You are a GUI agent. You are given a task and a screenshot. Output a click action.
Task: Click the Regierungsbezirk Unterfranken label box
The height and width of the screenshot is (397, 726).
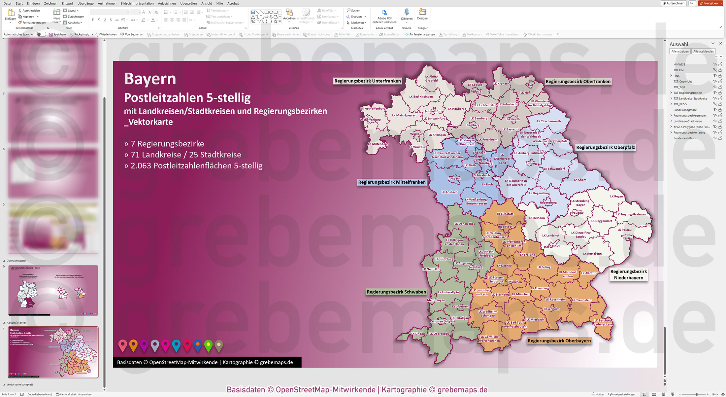point(367,81)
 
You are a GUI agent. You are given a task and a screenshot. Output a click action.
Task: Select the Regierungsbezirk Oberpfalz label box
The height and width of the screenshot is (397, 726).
point(605,147)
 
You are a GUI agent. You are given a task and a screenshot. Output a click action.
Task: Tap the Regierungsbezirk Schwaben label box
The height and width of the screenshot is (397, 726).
point(396,292)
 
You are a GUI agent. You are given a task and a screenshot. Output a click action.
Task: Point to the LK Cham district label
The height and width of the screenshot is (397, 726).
point(580,180)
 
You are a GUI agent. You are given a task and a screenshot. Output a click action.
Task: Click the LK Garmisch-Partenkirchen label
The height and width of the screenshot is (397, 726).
point(489,339)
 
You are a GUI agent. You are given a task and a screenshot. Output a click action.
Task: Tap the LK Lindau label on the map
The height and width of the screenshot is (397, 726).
point(417,334)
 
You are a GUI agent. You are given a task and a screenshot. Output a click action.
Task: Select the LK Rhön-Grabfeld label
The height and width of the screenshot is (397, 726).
point(431,78)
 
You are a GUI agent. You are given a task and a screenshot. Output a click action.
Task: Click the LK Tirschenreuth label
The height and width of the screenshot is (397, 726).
point(548,121)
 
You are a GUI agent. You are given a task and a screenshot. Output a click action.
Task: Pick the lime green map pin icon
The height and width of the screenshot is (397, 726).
point(208,345)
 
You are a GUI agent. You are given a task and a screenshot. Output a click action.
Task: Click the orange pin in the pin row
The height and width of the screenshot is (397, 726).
point(133,345)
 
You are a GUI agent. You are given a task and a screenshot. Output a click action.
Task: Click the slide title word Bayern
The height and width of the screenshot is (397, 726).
point(150,79)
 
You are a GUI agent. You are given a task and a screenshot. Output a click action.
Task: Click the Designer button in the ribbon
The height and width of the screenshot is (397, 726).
point(422,15)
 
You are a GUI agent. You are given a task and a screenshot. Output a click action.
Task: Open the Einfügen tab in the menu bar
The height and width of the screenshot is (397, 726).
point(33,3)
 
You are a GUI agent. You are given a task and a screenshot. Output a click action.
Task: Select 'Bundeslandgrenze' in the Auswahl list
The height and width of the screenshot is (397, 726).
point(685,110)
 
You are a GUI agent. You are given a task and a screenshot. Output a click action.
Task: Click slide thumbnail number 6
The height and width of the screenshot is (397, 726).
point(53,290)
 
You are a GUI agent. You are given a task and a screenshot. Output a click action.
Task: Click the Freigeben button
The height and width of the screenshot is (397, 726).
point(710,3)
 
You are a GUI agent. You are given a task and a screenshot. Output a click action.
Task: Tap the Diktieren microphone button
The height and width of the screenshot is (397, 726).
point(407,15)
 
